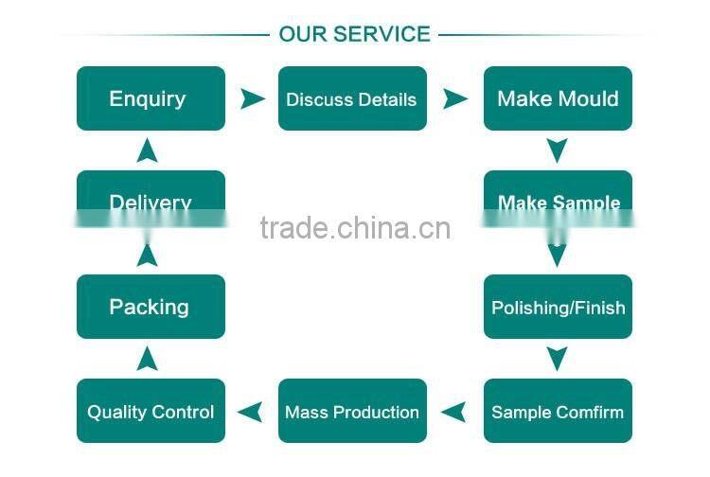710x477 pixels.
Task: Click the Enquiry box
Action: (151, 98)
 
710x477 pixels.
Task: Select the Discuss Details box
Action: (352, 98)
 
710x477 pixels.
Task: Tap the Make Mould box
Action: (558, 98)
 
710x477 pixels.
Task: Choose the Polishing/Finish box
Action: (558, 307)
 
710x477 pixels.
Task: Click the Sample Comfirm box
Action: (558, 411)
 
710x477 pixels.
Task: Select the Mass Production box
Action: (352, 411)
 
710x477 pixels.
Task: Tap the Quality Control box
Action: (151, 411)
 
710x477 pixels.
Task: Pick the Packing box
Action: (151, 307)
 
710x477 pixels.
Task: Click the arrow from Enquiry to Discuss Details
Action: (253, 98)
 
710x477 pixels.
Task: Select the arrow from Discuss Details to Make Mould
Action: (455, 98)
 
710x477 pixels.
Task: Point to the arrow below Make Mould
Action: (558, 150)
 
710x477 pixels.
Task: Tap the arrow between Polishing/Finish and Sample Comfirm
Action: (558, 358)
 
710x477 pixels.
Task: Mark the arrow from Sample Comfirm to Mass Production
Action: (454, 412)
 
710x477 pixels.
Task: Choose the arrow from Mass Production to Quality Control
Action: (250, 412)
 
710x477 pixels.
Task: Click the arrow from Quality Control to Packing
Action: (147, 358)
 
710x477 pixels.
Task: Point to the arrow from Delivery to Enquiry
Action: (147, 150)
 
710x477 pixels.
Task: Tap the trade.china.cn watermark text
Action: (355, 228)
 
